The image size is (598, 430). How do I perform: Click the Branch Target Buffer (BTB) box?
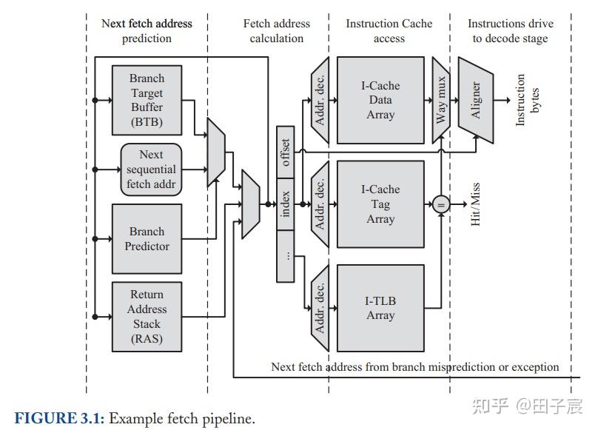click(147, 100)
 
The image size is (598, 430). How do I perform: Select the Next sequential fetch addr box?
click(151, 169)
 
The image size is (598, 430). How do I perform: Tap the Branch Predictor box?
click(147, 239)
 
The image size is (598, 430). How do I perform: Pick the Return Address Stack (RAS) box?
click(147, 316)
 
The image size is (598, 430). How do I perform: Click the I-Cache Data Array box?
click(380, 101)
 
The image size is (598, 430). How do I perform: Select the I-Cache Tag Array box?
click(380, 204)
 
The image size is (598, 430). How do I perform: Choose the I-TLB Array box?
click(380, 308)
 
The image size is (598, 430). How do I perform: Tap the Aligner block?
click(476, 101)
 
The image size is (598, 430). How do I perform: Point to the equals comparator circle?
click(441, 204)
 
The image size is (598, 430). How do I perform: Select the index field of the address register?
click(286, 204)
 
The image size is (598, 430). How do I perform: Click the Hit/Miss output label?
click(475, 204)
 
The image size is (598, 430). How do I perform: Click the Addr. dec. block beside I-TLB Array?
click(320, 308)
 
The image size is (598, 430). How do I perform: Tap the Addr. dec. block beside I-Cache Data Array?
click(320, 101)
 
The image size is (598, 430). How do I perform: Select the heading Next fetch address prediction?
click(147, 30)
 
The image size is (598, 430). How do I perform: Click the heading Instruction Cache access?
click(389, 30)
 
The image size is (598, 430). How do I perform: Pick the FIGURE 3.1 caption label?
click(60, 419)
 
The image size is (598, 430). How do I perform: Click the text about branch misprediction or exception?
click(415, 367)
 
